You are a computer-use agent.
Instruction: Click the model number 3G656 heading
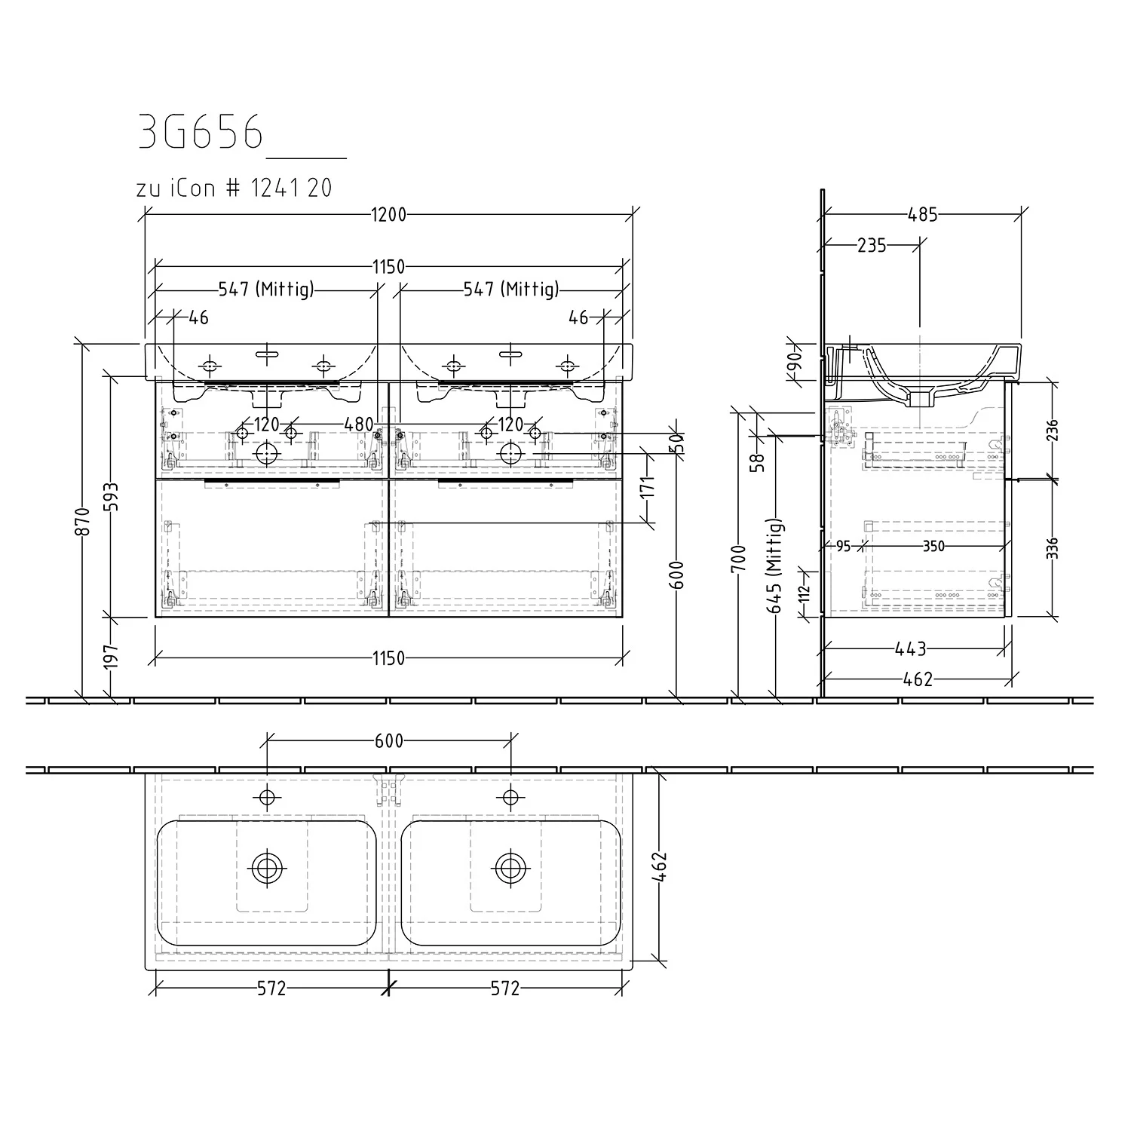(201, 133)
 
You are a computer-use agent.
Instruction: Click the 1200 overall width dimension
(388, 215)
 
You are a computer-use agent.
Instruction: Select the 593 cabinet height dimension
(111, 497)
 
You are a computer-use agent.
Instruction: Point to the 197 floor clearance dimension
(111, 657)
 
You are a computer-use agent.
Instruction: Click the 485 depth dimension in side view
(922, 215)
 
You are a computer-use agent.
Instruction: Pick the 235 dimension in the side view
(872, 245)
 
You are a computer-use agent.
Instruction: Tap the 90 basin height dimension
(794, 367)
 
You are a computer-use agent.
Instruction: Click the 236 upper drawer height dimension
(1053, 431)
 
